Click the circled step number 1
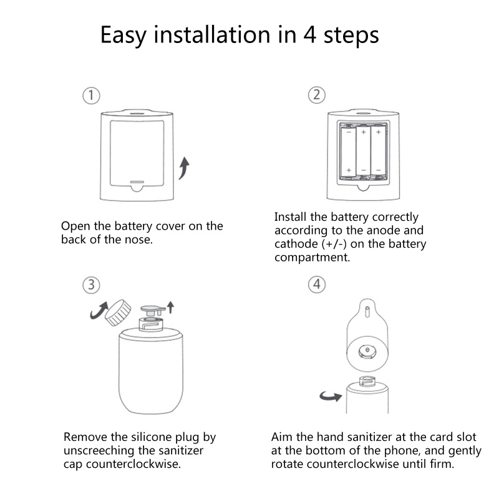click(91, 95)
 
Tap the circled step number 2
click(317, 95)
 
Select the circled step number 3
click(91, 285)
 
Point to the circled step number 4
click(317, 284)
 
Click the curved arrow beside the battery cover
click(184, 168)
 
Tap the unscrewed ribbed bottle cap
click(118, 312)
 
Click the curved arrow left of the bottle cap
click(99, 311)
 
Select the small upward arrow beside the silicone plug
click(170, 307)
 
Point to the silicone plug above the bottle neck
click(153, 310)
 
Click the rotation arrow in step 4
click(331, 397)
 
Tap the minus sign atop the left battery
click(349, 132)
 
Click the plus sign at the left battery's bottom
click(349, 170)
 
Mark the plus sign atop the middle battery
click(364, 132)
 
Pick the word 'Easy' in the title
click(124, 36)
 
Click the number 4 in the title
click(309, 34)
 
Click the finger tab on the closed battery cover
click(137, 187)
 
